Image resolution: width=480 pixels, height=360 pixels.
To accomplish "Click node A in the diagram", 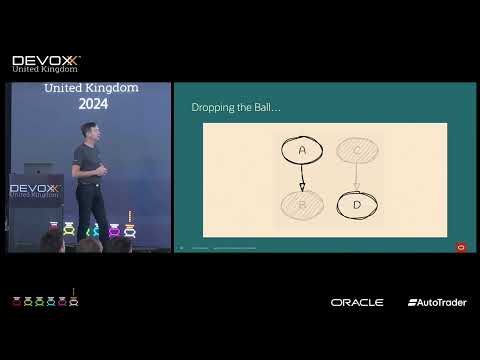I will (302, 150).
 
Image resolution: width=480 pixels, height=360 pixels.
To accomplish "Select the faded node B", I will (302, 205).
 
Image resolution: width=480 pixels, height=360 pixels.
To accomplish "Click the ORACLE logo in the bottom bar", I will (357, 302).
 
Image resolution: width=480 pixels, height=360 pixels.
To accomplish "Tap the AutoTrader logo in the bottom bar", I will (436, 302).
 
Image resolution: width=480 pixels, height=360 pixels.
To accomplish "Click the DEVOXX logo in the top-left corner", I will (45, 63).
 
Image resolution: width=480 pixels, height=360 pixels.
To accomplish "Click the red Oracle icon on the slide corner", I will (461, 247).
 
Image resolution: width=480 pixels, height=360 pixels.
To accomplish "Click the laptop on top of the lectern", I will (38, 170).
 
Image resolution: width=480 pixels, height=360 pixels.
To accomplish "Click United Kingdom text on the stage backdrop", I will (91, 88).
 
